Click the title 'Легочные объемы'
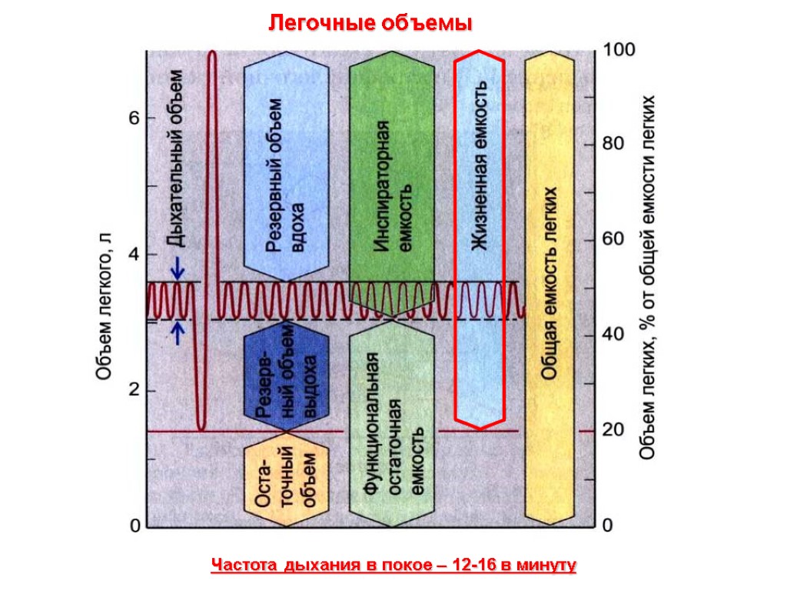[369, 24]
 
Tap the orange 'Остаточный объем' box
[285, 480]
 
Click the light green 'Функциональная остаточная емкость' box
[392, 423]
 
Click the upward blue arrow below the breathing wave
[178, 332]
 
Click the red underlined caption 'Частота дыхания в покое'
[393, 566]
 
